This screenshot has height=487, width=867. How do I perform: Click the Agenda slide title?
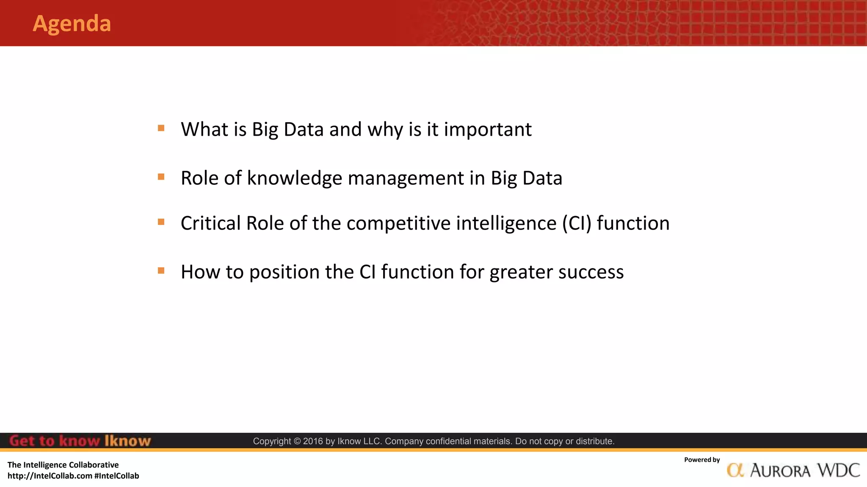click(72, 24)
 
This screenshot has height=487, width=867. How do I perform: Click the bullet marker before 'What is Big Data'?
click(161, 128)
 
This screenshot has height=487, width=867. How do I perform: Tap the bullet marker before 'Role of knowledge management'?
click(161, 177)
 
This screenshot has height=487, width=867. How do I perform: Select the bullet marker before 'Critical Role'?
click(161, 222)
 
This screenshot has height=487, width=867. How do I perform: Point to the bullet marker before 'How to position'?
click(161, 271)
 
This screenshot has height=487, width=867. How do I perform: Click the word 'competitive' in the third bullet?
click(398, 224)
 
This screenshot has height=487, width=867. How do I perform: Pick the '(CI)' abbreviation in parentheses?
click(577, 224)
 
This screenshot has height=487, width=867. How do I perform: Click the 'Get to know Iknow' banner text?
click(80, 441)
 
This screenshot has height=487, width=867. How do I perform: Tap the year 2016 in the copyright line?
click(313, 441)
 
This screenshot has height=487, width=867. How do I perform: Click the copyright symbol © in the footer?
click(297, 441)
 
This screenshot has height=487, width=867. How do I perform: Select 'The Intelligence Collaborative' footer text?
click(63, 465)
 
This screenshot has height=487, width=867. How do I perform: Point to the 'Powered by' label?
click(701, 460)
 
